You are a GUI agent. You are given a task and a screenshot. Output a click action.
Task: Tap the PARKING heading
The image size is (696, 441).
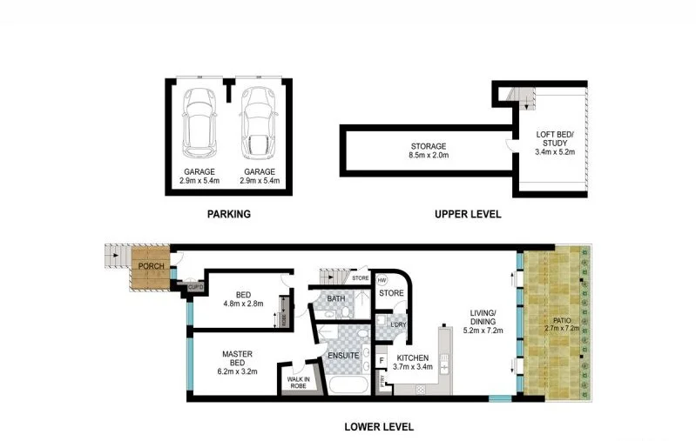tap(228, 213)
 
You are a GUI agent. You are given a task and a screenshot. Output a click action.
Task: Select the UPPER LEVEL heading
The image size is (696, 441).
tap(467, 213)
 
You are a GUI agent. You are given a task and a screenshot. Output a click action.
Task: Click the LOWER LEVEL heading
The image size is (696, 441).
tap(379, 427)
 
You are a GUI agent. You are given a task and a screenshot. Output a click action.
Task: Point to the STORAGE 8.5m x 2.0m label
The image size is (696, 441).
tap(429, 150)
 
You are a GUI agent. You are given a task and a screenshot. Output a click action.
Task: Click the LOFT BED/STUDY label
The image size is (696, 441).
tap(552, 144)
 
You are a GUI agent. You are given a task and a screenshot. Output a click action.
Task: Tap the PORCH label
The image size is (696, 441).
tap(151, 266)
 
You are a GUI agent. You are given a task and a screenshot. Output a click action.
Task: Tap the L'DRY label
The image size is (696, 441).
tap(400, 325)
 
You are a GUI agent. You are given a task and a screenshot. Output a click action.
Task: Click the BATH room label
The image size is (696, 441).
tap(336, 299)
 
